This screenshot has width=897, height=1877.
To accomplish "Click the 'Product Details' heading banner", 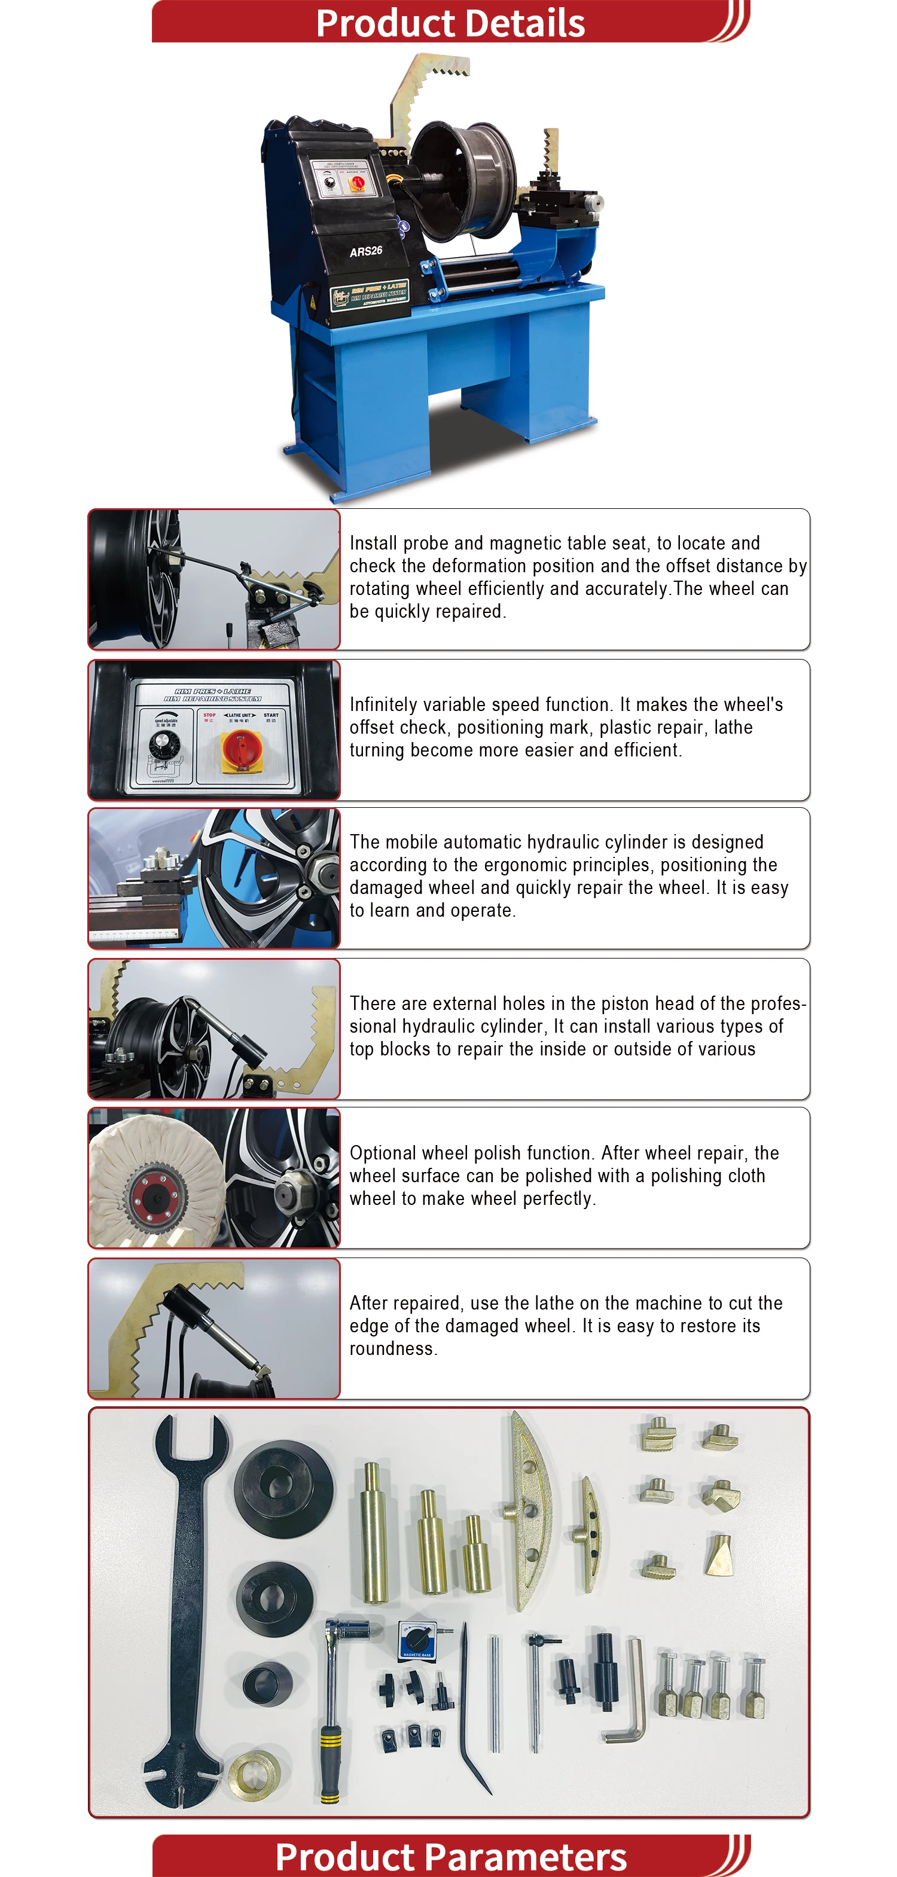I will pos(450,23).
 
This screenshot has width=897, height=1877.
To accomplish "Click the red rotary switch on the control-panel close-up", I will pos(240,749).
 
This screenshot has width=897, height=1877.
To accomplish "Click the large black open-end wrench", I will pos(186,1603).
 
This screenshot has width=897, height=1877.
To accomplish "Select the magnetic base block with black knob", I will pos(417,1640).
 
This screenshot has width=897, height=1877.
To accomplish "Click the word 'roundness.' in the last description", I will pos(393,1349).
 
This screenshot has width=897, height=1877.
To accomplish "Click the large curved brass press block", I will pos(528,1508).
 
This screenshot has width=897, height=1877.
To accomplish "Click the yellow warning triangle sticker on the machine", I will pos(313,301).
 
